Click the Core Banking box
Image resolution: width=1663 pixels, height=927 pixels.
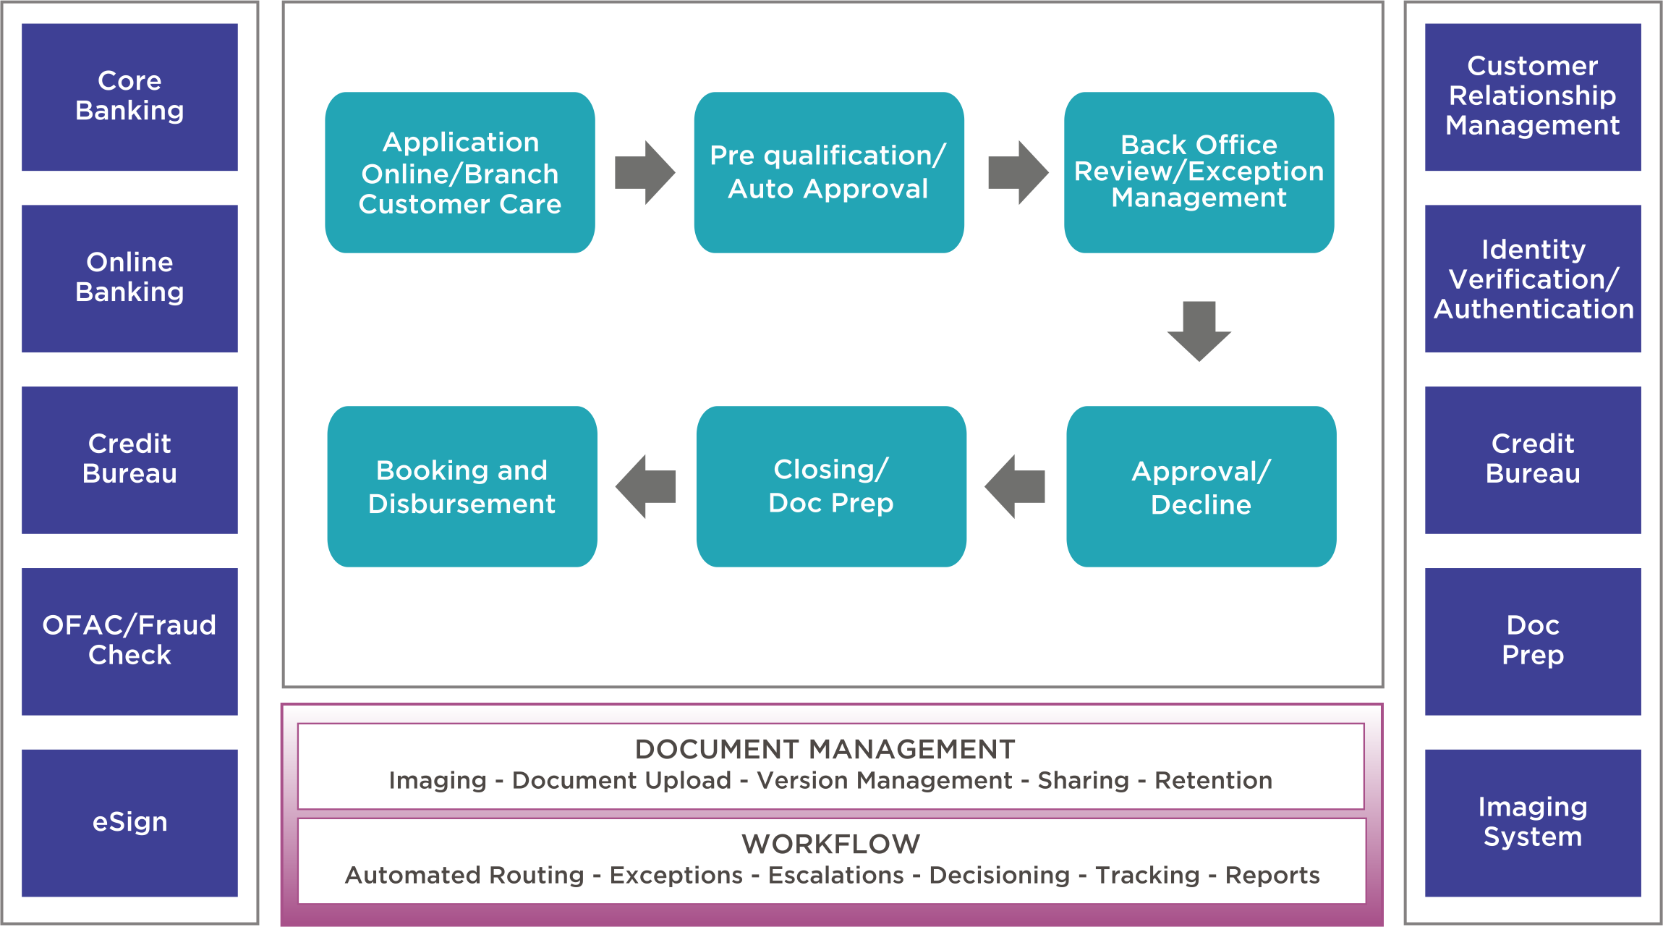click(129, 97)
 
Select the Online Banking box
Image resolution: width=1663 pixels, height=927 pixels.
click(129, 279)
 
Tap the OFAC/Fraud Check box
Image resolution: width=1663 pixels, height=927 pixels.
click(129, 641)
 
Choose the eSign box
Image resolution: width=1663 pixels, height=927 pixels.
click(129, 823)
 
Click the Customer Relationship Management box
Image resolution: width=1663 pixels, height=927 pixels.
click(1532, 97)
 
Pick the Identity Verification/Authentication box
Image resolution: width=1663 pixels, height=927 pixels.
click(1532, 279)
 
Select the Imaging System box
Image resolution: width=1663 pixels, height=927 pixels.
click(1532, 823)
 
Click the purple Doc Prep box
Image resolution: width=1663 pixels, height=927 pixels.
click(1532, 641)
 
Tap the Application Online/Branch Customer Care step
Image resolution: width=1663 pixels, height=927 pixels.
click(460, 172)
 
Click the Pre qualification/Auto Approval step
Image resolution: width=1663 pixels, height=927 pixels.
click(828, 172)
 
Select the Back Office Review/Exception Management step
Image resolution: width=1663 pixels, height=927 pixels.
click(1199, 172)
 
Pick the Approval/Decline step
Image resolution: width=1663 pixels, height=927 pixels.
click(1201, 486)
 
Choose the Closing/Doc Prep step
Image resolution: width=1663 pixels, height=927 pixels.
click(831, 486)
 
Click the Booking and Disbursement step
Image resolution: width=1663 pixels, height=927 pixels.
click(462, 486)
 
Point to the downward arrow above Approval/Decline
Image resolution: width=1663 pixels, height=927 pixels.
click(1199, 331)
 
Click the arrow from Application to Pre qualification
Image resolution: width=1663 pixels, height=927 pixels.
click(644, 172)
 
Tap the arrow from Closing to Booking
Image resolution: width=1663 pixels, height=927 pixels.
click(646, 486)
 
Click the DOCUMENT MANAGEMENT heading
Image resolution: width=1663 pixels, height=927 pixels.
click(825, 750)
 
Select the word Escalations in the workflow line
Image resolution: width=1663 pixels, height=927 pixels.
click(835, 876)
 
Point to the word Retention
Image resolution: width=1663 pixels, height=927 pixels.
click(1213, 781)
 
